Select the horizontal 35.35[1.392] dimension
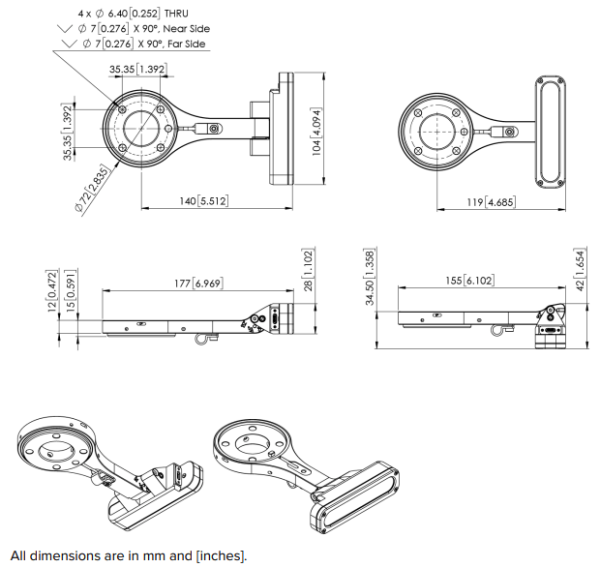pos(136,70)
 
